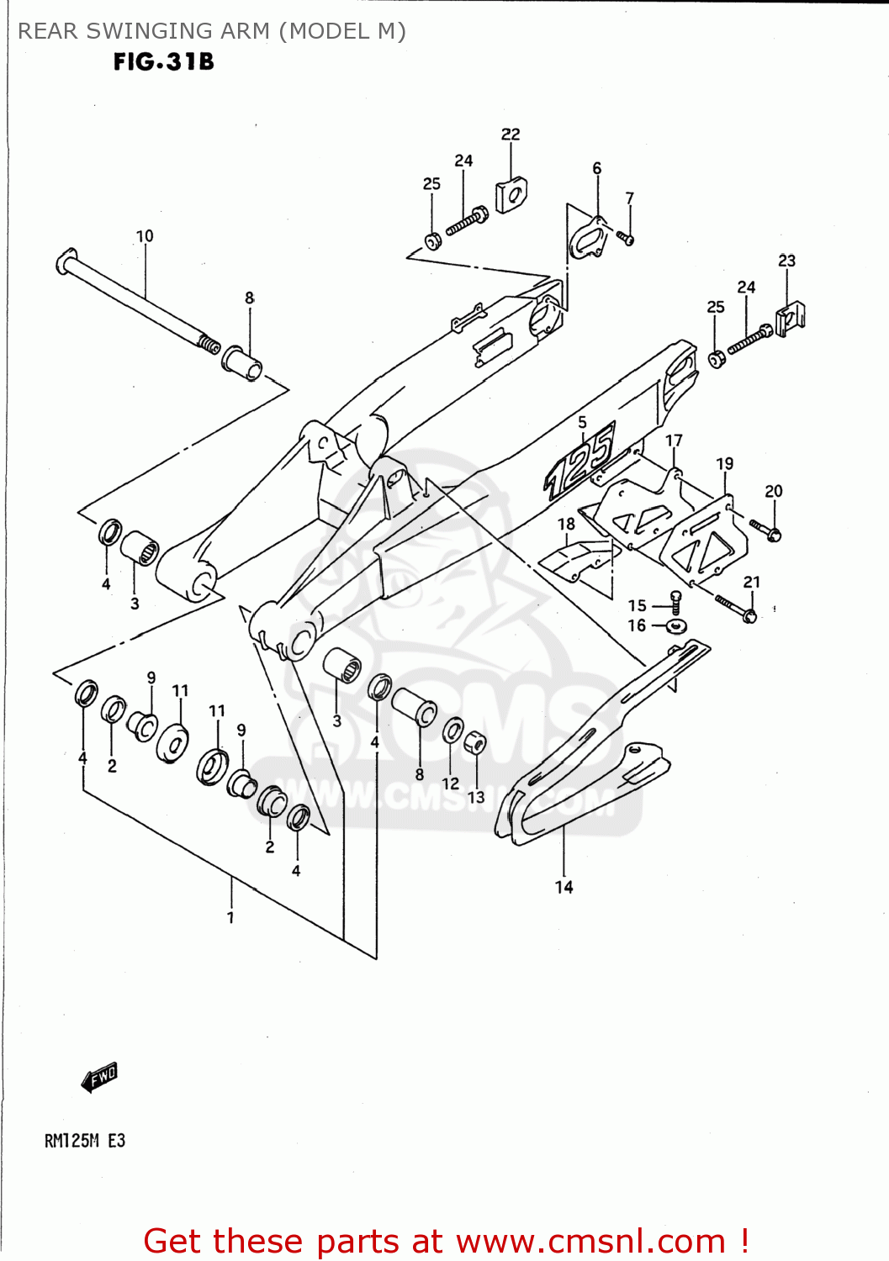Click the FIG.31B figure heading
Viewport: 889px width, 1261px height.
pyautogui.click(x=164, y=62)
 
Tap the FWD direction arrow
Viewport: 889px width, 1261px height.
pyautogui.click(x=99, y=1076)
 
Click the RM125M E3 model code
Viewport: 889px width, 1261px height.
pyautogui.click(x=84, y=1141)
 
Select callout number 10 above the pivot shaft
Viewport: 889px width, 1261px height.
pyautogui.click(x=145, y=236)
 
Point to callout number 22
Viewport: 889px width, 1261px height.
pyautogui.click(x=511, y=135)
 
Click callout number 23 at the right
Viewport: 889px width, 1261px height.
pyautogui.click(x=786, y=261)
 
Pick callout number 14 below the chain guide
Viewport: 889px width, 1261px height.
pyautogui.click(x=564, y=887)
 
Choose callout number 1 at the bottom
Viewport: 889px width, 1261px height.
pyautogui.click(x=230, y=917)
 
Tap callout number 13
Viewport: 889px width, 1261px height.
pyautogui.click(x=476, y=796)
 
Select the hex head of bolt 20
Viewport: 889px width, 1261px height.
pyautogui.click(x=774, y=534)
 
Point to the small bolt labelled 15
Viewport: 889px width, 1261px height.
pyautogui.click(x=675, y=600)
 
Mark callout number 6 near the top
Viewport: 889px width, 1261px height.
pyautogui.click(x=597, y=168)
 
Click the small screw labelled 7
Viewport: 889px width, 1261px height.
pyautogui.click(x=625, y=238)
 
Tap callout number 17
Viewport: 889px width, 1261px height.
pyautogui.click(x=674, y=441)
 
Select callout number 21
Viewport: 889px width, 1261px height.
pyautogui.click(x=751, y=582)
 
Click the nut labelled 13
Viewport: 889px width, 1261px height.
pyautogui.click(x=474, y=743)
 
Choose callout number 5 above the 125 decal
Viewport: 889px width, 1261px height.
pyautogui.click(x=582, y=422)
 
